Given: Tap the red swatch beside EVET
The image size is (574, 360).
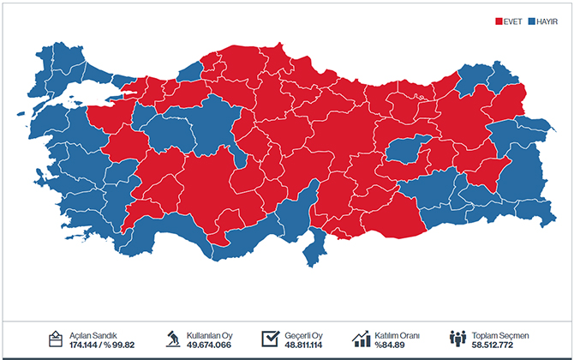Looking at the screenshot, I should tap(501, 21).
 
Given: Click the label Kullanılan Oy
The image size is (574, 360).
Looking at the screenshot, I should tap(210, 334).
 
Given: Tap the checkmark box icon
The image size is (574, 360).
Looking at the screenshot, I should tap(272, 339).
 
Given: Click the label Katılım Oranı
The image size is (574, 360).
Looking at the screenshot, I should tap(397, 334).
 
